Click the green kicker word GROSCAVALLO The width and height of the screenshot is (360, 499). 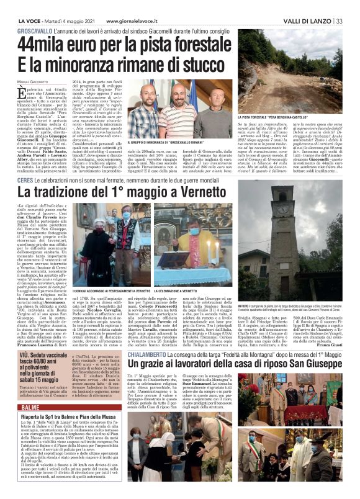pyautogui.click(x=34, y=30)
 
